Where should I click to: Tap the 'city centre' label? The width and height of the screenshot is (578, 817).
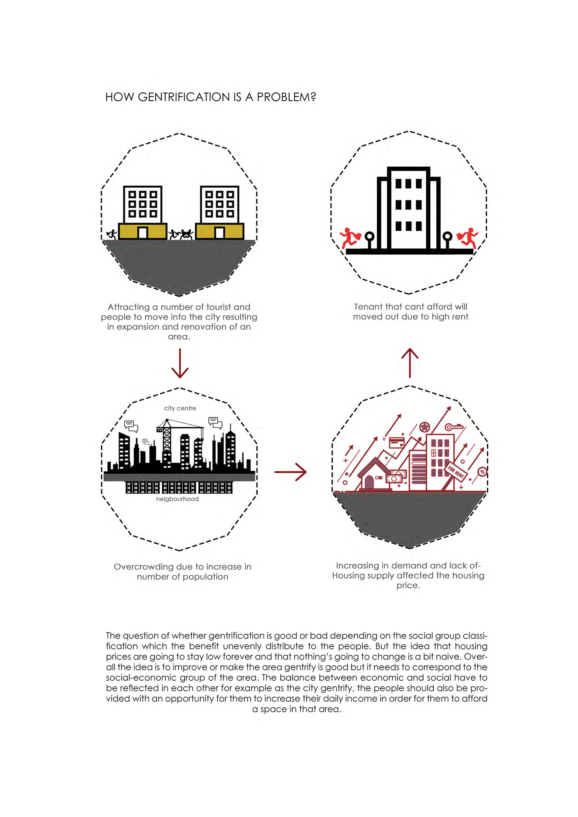180,408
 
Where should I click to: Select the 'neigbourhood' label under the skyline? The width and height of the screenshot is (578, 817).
177,499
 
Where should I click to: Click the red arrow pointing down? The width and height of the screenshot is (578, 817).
180,363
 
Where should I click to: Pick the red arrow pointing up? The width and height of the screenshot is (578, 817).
410,363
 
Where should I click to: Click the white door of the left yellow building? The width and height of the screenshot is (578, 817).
143,233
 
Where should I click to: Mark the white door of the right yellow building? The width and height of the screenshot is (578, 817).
220,233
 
